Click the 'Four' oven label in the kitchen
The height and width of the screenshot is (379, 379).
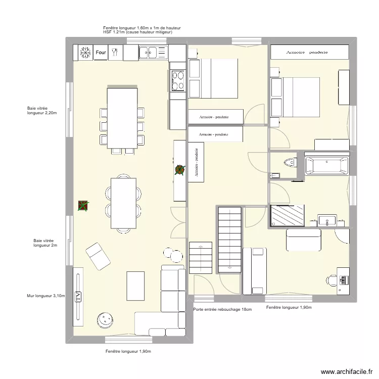101,52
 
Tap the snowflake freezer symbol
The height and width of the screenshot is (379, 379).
85,52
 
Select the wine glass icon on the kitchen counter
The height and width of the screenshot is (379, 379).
115,52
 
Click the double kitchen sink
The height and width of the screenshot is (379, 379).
153,52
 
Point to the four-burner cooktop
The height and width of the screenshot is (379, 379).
178,80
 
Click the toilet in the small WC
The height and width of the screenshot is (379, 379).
288,162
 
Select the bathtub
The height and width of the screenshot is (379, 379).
326,165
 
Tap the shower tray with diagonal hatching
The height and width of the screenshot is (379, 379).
288,215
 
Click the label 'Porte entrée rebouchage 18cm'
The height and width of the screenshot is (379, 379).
222,310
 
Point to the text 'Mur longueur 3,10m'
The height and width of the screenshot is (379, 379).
45,296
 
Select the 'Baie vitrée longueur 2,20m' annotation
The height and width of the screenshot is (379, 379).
42,110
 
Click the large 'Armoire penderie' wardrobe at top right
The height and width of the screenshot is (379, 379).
309,52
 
